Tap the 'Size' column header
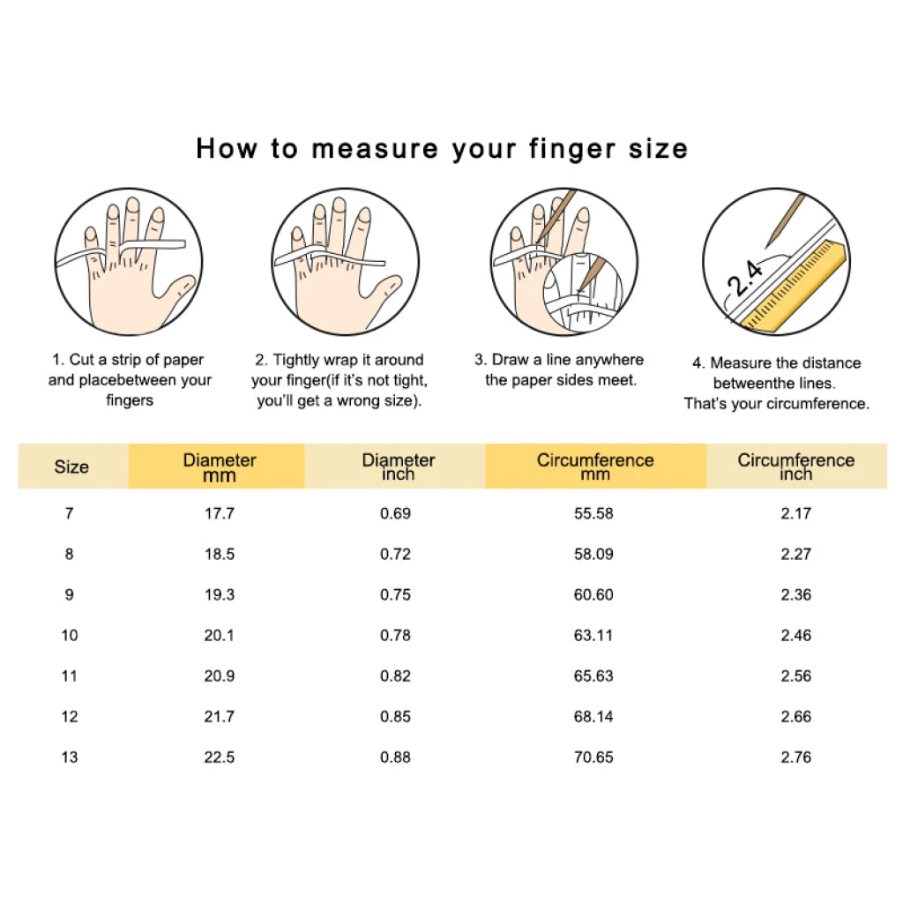71,466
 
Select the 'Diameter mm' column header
219,466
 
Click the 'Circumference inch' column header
795,466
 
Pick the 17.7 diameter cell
219,513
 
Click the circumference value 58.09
593,554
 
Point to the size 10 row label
70,635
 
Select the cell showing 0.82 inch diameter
395,675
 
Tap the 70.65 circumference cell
593,757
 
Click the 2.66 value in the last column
795,716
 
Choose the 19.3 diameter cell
219,594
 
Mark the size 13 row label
70,757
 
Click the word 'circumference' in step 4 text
820,404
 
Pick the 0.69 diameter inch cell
395,513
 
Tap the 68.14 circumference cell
593,716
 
